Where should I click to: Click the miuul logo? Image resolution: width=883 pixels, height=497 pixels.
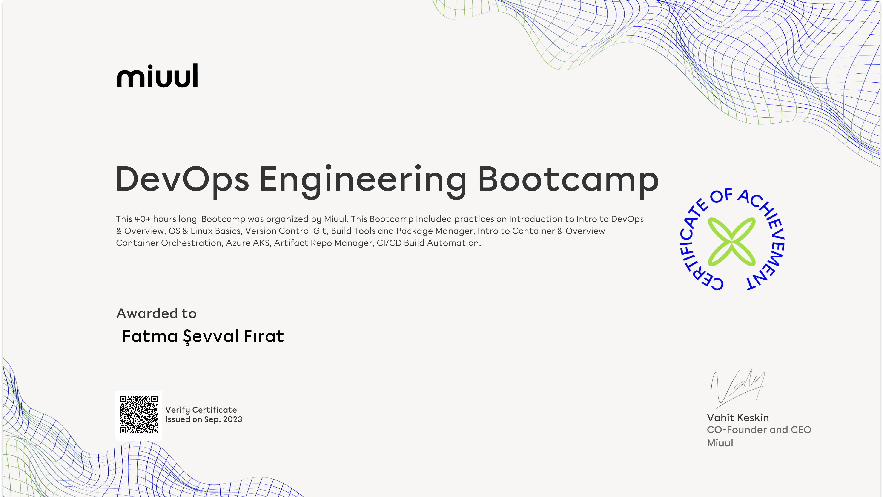(157, 75)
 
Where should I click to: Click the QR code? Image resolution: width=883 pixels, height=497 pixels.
(138, 415)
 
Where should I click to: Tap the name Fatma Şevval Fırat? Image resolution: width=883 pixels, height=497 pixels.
(203, 336)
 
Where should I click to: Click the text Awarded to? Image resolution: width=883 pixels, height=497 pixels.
(156, 313)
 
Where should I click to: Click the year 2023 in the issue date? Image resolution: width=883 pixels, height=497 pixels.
(232, 419)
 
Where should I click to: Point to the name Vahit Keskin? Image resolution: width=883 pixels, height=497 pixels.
(738, 418)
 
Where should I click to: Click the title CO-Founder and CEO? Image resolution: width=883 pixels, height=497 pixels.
(759, 430)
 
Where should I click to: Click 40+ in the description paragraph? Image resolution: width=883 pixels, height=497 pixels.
(143, 219)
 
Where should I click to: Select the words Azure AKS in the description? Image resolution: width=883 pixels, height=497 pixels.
(247, 243)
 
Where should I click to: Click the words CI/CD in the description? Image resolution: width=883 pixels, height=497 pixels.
(389, 243)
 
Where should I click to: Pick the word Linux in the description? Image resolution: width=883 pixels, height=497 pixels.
(198, 231)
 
